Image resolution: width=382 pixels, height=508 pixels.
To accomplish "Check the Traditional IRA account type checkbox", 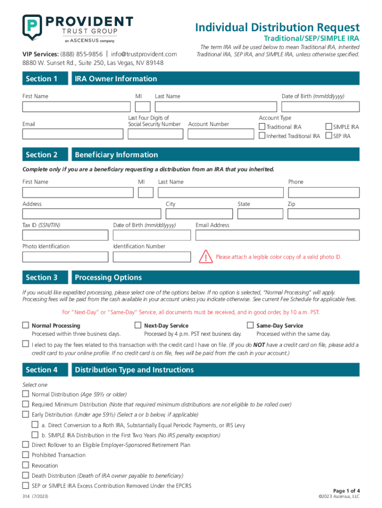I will [x=262, y=127].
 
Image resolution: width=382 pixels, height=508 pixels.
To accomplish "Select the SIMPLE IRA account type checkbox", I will [x=328, y=127].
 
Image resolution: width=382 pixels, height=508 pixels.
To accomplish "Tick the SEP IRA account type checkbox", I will [x=328, y=136].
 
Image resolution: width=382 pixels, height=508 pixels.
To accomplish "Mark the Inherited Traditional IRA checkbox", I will [x=262, y=136].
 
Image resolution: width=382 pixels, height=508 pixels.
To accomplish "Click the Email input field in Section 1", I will [x=72, y=134].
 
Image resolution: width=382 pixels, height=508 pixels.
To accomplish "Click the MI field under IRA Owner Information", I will [x=142, y=107].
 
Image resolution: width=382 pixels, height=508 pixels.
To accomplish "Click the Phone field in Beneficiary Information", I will [x=323, y=192].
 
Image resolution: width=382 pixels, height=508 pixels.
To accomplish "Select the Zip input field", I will [x=323, y=214].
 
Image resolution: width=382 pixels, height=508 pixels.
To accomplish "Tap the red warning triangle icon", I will [x=205, y=257].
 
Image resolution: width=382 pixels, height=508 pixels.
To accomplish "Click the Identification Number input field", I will [x=152, y=256].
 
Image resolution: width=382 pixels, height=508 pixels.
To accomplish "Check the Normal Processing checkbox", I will [x=25, y=325].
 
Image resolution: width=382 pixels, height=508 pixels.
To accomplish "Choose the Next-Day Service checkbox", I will [x=138, y=325].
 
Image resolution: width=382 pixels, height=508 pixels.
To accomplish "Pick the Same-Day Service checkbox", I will [x=250, y=325].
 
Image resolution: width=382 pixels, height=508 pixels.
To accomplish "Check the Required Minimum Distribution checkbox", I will [x=25, y=404].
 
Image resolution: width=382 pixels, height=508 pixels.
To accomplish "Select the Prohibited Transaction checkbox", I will [x=25, y=454].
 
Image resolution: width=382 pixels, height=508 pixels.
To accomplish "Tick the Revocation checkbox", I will [x=25, y=465].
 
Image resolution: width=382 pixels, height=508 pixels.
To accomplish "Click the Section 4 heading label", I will [x=42, y=370].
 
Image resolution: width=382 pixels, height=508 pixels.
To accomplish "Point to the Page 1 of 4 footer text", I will [x=346, y=491].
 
